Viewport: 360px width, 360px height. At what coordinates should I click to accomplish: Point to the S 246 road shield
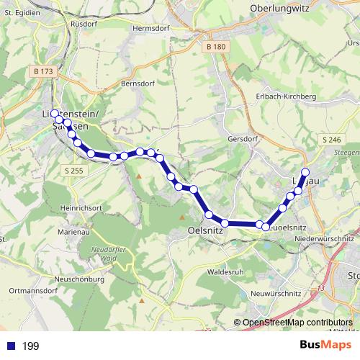331,139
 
